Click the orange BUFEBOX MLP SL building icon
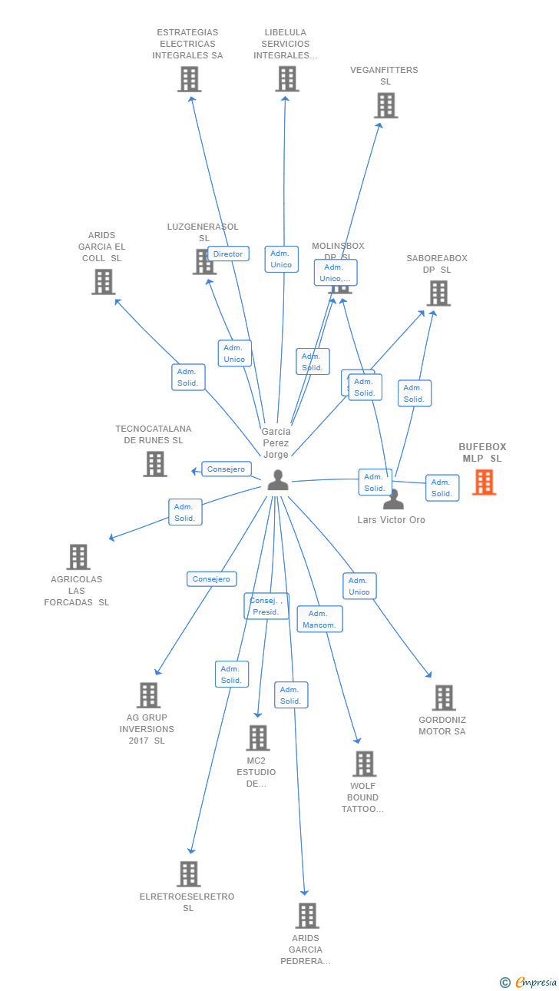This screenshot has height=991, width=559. pyautogui.click(x=484, y=482)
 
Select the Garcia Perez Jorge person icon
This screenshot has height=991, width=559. pyautogui.click(x=277, y=480)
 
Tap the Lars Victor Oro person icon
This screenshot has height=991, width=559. pyautogui.click(x=393, y=500)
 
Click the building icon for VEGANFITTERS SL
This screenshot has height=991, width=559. pyautogui.click(x=385, y=105)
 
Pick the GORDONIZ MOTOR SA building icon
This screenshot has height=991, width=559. pyautogui.click(x=444, y=698)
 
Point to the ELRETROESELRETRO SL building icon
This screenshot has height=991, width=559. pyautogui.click(x=189, y=873)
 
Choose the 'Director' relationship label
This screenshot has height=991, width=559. pyautogui.click(x=228, y=254)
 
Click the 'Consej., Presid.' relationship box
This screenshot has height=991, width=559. pyautogui.click(x=266, y=606)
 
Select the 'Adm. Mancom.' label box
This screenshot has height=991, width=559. pyautogui.click(x=319, y=619)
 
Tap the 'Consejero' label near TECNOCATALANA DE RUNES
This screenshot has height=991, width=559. pyautogui.click(x=226, y=469)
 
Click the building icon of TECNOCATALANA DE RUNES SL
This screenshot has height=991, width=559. pyautogui.click(x=155, y=463)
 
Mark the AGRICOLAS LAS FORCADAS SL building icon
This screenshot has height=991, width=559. pyautogui.click(x=78, y=557)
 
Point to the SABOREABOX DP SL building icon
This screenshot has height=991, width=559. pyautogui.click(x=438, y=293)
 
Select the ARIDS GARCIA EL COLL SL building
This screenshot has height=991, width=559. pyautogui.click(x=103, y=282)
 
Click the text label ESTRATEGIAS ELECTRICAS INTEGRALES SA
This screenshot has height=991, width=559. pyautogui.click(x=187, y=44)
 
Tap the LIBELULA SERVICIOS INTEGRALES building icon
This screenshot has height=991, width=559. pyautogui.click(x=286, y=78)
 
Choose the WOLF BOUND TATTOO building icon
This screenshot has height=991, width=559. pyautogui.click(x=364, y=764)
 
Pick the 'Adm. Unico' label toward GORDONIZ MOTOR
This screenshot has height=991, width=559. pyautogui.click(x=359, y=586)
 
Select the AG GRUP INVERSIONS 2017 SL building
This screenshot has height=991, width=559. pyautogui.click(x=148, y=695)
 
